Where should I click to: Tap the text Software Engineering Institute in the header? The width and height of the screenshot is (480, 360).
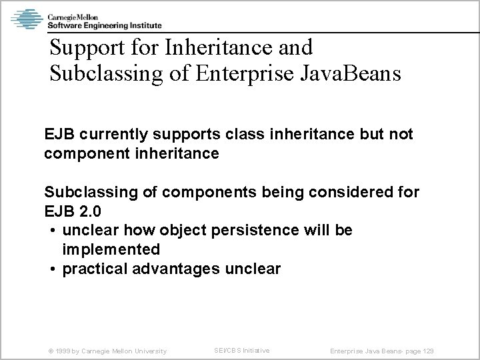click(x=95, y=25)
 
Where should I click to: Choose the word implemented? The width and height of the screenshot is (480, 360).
click(x=111, y=249)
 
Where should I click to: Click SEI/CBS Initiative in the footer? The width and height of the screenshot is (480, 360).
click(x=241, y=350)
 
